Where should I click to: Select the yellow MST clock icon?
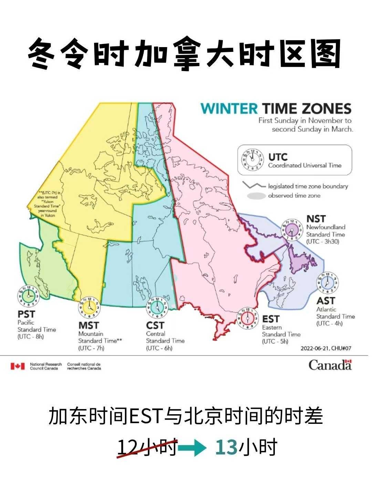point(90,307)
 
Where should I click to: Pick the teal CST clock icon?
point(157,307)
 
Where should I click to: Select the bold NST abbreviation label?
point(316,219)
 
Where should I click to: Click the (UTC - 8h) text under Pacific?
point(31,337)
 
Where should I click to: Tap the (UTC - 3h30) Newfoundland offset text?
point(323,242)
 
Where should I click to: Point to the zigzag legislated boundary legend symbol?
point(254,186)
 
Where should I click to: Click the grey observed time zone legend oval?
point(256,196)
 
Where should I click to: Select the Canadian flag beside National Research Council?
point(18,366)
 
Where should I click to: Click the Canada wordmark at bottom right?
point(330,365)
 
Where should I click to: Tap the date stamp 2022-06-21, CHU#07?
point(326,348)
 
